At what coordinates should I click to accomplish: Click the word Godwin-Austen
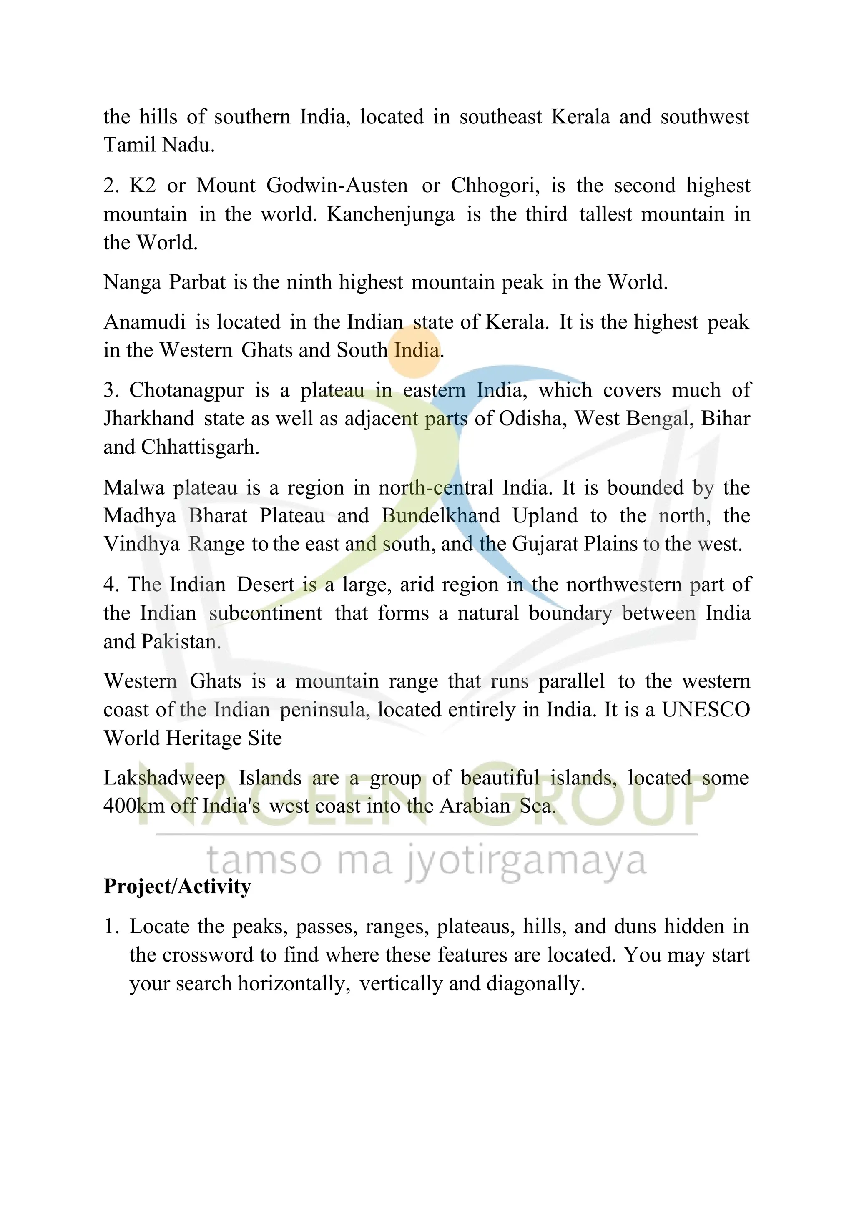337,186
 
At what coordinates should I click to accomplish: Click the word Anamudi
145,322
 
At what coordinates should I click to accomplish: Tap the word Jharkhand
149,419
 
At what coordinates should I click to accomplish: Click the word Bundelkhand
440,516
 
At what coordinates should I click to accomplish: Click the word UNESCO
706,710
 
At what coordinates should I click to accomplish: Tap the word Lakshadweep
164,778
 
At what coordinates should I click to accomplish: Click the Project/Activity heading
177,887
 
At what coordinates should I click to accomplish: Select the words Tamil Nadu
159,145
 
